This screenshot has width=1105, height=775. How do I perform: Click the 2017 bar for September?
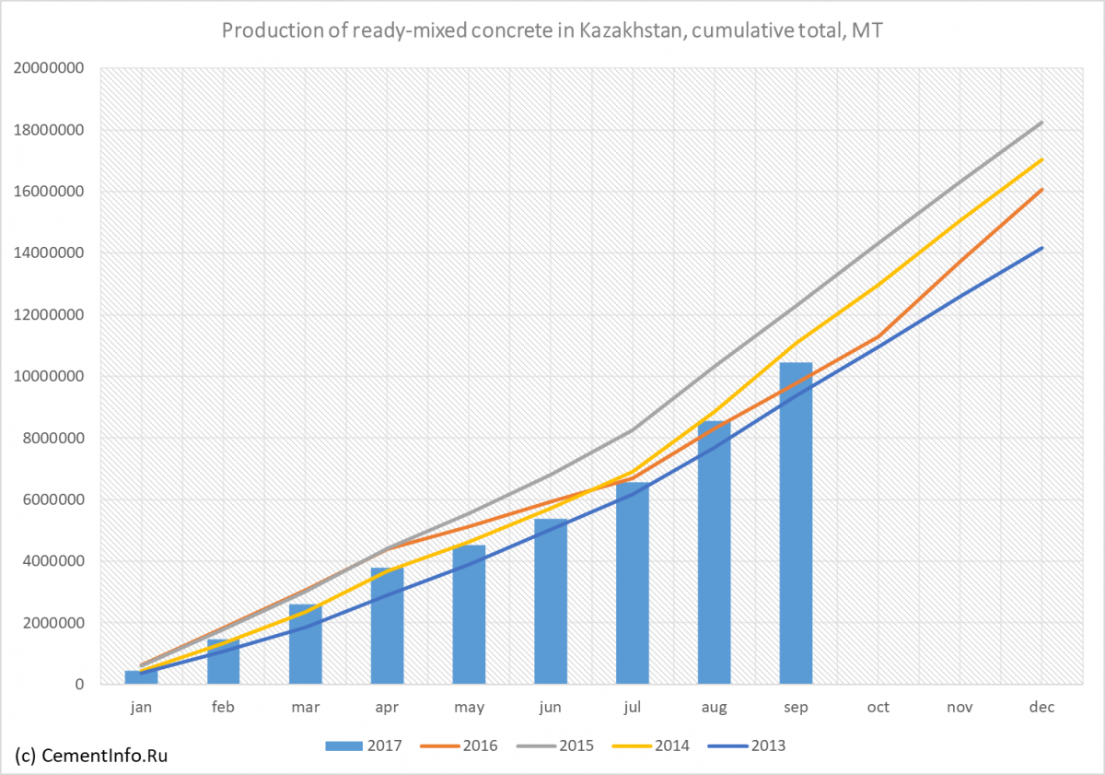pyautogui.click(x=796, y=523)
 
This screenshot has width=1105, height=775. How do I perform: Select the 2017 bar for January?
pyautogui.click(x=141, y=677)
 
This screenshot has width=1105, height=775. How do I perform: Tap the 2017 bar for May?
pyautogui.click(x=469, y=615)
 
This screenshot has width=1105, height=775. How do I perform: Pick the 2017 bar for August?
pyautogui.click(x=714, y=552)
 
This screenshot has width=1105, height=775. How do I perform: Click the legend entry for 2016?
pyautogui.click(x=459, y=746)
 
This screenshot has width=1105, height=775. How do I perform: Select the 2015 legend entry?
pyautogui.click(x=555, y=746)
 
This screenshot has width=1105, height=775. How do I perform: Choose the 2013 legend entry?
pyautogui.click(x=747, y=746)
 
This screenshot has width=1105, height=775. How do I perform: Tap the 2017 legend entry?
pyautogui.click(x=364, y=746)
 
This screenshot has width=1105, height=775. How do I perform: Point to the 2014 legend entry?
pyautogui.click(x=651, y=746)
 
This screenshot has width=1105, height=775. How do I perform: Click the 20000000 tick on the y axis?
pyautogui.click(x=49, y=67)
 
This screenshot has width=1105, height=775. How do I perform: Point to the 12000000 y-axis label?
pyautogui.click(x=49, y=314)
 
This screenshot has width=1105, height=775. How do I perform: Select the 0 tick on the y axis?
pyautogui.click(x=79, y=684)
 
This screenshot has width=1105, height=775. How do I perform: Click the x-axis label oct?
pyautogui.click(x=878, y=708)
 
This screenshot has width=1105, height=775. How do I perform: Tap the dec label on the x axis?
pyautogui.click(x=1041, y=708)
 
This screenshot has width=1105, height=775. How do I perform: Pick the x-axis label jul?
pyautogui.click(x=633, y=708)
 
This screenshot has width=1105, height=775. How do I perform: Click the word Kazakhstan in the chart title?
pyautogui.click(x=632, y=30)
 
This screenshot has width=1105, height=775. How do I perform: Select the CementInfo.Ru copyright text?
pyautogui.click(x=91, y=756)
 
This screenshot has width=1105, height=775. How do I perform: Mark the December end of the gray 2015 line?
pyautogui.click(x=1041, y=123)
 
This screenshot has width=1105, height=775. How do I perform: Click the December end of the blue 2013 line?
pyautogui.click(x=1041, y=248)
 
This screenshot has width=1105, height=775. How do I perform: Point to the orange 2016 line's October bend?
pyautogui.click(x=878, y=336)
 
